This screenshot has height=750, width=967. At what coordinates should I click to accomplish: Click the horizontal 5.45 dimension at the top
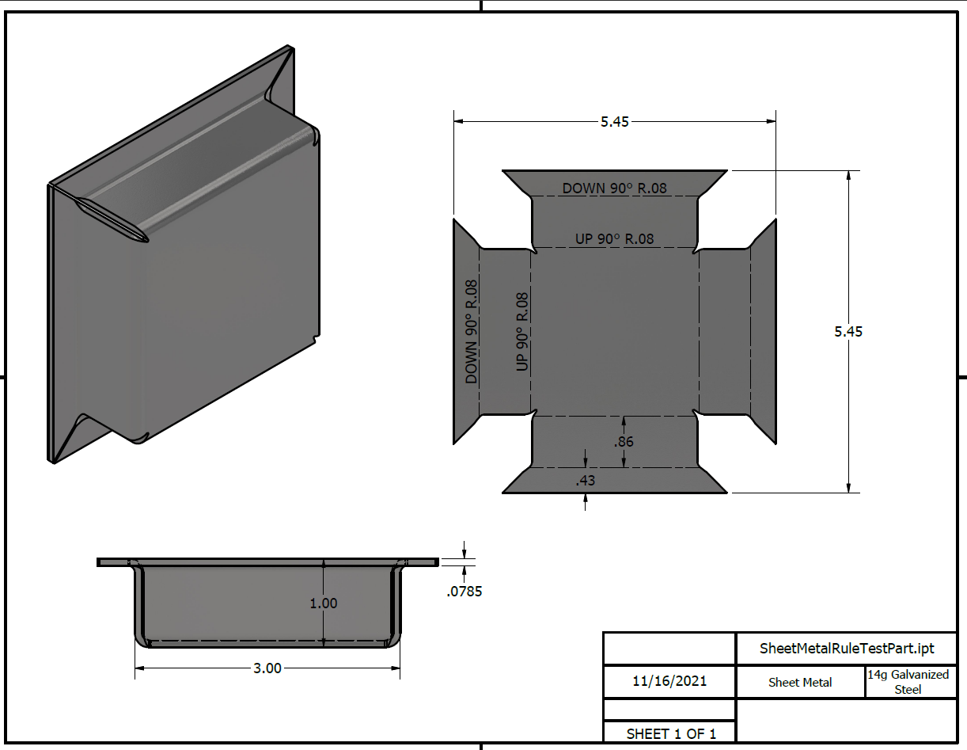coord(614,122)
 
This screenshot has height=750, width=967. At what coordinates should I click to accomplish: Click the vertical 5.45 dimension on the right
coord(848,332)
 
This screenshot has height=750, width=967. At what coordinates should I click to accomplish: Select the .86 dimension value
coord(624,442)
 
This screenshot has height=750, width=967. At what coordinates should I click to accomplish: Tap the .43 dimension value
coord(586,480)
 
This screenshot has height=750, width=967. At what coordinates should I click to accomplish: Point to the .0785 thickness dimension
coord(465,591)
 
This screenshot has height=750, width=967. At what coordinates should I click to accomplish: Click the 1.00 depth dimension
coord(323,603)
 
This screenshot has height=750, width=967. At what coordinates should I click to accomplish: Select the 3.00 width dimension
coord(267,668)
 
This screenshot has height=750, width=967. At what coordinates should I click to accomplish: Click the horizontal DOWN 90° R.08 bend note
coord(614,188)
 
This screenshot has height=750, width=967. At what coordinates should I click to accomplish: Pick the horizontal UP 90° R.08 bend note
coord(614,238)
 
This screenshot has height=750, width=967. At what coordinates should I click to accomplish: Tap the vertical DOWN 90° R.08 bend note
coord(472,332)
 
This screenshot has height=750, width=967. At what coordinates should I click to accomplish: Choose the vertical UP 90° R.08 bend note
coord(521,332)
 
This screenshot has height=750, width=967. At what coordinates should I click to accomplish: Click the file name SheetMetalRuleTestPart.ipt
coord(847,649)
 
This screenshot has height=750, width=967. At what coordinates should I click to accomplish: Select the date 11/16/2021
coord(669,681)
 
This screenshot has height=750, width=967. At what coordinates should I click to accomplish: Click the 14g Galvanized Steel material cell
coord(908,682)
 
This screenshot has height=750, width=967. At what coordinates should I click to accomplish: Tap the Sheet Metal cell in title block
coord(800,682)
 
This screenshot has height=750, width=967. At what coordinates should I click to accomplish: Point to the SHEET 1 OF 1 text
coord(671,734)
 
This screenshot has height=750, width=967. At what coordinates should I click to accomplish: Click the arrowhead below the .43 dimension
coord(586,498)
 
